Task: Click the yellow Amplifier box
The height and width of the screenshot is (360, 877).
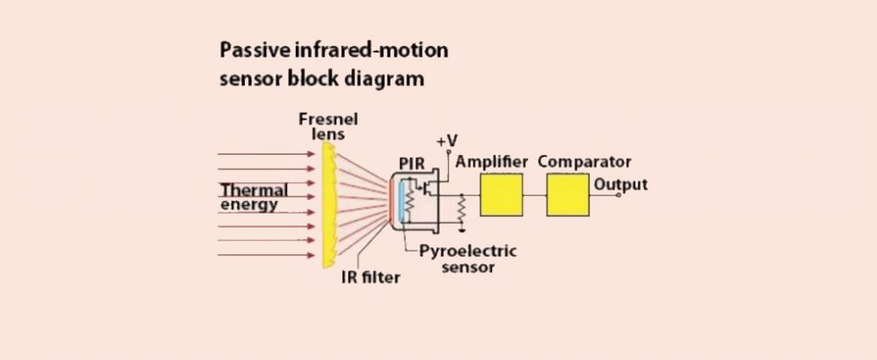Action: pyautogui.click(x=501, y=195)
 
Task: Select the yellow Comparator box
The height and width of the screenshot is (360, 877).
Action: pyautogui.click(x=567, y=195)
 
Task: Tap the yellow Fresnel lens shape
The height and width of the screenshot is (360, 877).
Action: pyautogui.click(x=328, y=205)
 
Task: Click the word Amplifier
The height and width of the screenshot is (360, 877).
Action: pyautogui.click(x=491, y=162)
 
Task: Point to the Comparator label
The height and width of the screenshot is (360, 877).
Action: pyautogui.click(x=585, y=162)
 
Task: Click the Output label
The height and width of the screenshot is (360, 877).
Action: pyautogui.click(x=620, y=185)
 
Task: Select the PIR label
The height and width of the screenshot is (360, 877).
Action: pyautogui.click(x=412, y=163)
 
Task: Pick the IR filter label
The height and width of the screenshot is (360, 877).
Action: pyautogui.click(x=371, y=277)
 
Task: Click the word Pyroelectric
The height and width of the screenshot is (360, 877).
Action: pyautogui.click(x=468, y=251)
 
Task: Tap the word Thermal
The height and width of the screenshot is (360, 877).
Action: pyautogui.click(x=254, y=190)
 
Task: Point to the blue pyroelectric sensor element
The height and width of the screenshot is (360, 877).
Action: pyautogui.click(x=401, y=202)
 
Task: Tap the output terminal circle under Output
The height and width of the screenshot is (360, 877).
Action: pyautogui.click(x=618, y=195)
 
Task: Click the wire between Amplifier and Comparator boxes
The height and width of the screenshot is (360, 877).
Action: pyautogui.click(x=534, y=195)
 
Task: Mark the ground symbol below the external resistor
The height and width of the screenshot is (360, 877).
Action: pyautogui.click(x=462, y=229)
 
